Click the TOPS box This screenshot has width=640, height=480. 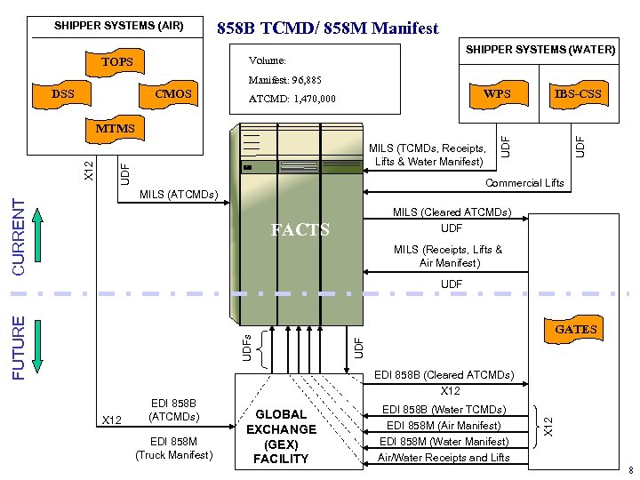tap(116, 62)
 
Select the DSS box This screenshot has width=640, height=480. tap(62, 93)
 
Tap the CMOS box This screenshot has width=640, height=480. tap(172, 93)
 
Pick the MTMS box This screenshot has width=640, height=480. tap(116, 129)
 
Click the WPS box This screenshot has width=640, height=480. tap(497, 92)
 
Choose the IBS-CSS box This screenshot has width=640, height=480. tap(578, 92)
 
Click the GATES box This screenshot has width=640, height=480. tap(576, 330)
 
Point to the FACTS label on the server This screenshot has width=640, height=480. tap(300, 230)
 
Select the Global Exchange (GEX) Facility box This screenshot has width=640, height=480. tap(280, 436)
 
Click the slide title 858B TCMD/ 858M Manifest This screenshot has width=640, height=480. tap(328, 28)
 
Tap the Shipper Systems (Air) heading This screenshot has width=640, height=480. tap(118, 26)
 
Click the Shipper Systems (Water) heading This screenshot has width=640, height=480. tap(540, 50)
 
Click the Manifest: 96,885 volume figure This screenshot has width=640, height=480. tap(284, 80)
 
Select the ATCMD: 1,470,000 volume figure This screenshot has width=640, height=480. tap(292, 99)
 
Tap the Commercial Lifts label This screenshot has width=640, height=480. tap(524, 183)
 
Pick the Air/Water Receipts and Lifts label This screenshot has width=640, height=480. tap(444, 457)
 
